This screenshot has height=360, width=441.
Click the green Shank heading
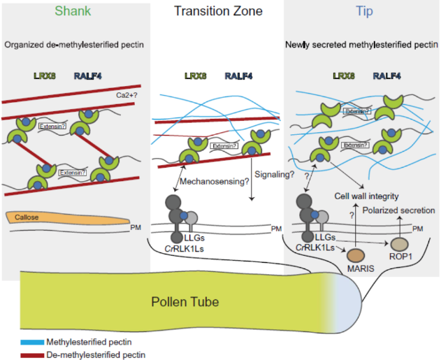(x=73, y=11)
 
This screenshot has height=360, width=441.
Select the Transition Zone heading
(x=218, y=11)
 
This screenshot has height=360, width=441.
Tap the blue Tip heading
(x=365, y=12)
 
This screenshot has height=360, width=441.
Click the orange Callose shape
(x=68, y=218)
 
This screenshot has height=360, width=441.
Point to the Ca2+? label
(x=126, y=95)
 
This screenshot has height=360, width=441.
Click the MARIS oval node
(x=356, y=255)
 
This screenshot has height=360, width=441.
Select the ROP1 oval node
(x=399, y=244)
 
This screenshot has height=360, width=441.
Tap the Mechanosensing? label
(x=215, y=182)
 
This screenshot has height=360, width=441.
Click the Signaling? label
(x=274, y=175)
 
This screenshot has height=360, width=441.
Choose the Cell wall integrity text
(x=366, y=196)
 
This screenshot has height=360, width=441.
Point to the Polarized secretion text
(x=398, y=210)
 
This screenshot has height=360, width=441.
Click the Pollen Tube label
(x=185, y=302)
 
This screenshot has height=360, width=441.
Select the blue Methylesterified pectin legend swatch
(x=32, y=343)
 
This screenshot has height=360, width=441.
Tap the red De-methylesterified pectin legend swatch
(x=32, y=355)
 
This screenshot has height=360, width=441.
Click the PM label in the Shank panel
(x=136, y=227)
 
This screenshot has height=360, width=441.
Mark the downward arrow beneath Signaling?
(x=252, y=179)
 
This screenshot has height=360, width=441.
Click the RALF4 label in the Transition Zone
(x=238, y=76)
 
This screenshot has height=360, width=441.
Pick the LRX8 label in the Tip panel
(x=344, y=76)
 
